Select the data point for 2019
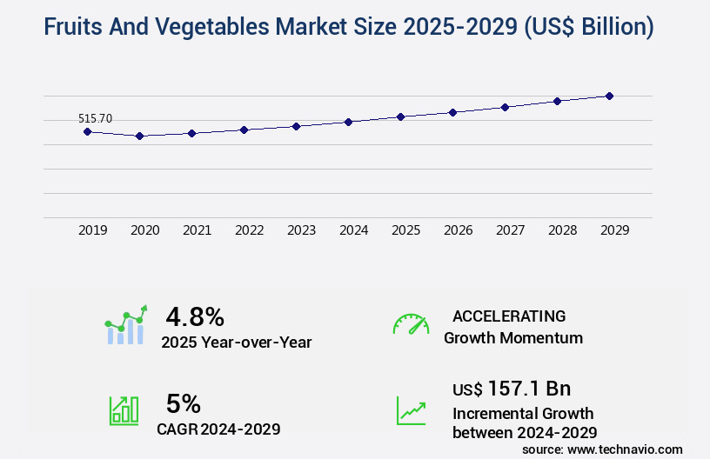click(x=87, y=131)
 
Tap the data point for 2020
click(x=139, y=136)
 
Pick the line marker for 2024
click(x=348, y=122)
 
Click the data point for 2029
click(x=609, y=96)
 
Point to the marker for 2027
click(x=505, y=107)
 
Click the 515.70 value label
click(x=95, y=118)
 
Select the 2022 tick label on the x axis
click(x=249, y=230)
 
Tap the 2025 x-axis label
click(x=405, y=230)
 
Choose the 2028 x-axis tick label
click(x=562, y=230)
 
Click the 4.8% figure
click(x=195, y=316)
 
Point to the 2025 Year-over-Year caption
click(x=236, y=343)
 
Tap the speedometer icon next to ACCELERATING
click(x=411, y=324)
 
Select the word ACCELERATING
click(x=509, y=316)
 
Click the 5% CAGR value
click(x=184, y=403)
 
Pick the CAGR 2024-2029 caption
click(x=218, y=429)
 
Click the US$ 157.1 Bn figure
click(x=512, y=388)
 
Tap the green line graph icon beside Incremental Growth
click(x=411, y=410)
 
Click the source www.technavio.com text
click(x=602, y=449)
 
